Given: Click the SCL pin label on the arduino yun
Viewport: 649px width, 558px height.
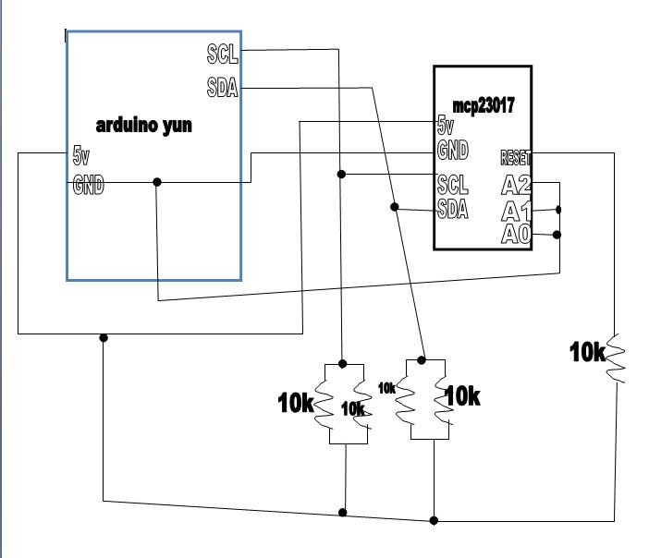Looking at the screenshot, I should [x=223, y=55].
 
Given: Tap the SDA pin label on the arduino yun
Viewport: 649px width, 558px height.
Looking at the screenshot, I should [x=223, y=88].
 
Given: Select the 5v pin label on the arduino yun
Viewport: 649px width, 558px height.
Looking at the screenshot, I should [x=82, y=155].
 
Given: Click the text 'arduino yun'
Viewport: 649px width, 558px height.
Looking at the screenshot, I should [x=144, y=125].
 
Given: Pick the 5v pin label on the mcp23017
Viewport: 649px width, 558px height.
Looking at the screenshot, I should [x=446, y=126].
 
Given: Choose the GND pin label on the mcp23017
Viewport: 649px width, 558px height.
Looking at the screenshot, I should [x=452, y=150].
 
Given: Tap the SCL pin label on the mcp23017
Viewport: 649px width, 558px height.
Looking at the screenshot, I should [x=452, y=183].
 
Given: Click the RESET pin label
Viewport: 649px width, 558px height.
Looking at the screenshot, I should [x=515, y=155].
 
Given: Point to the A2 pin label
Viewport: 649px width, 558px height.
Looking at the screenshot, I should [x=515, y=186].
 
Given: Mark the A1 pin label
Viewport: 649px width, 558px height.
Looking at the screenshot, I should [x=515, y=212].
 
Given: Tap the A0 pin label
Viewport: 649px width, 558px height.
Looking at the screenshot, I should [x=515, y=235].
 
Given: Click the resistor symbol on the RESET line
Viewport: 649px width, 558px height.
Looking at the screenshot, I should [x=616, y=359].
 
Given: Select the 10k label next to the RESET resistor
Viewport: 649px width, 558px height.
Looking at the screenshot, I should [x=587, y=351].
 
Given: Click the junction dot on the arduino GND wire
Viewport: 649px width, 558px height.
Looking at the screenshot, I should [x=156, y=182].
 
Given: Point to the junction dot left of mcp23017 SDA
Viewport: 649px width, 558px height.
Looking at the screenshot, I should [x=396, y=206].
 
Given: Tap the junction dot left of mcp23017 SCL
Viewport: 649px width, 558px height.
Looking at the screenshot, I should [x=341, y=174].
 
